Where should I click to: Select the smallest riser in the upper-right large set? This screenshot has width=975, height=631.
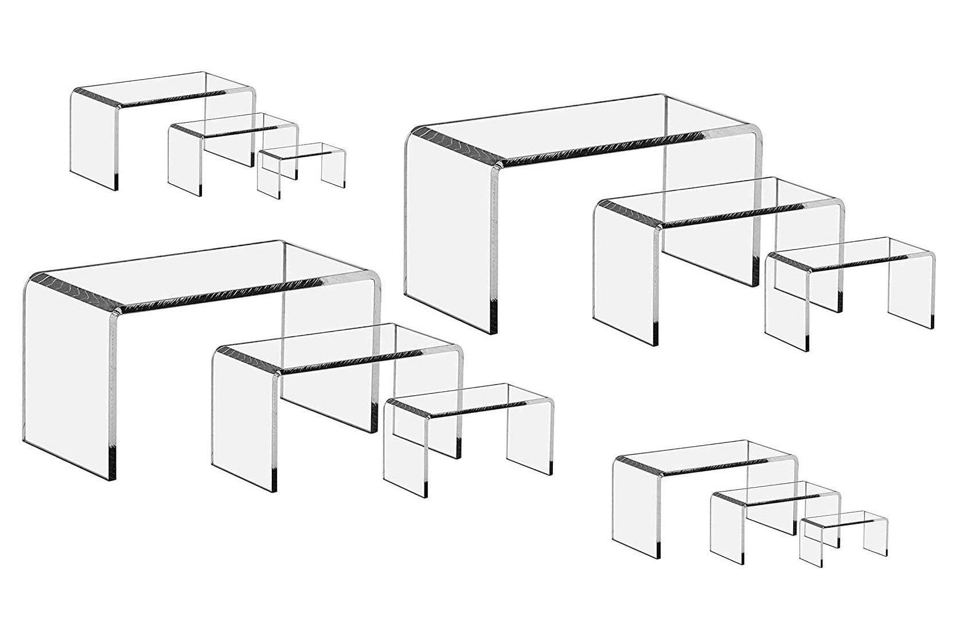click(849, 287)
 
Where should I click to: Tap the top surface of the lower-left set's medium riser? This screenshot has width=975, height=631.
click(338, 344)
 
